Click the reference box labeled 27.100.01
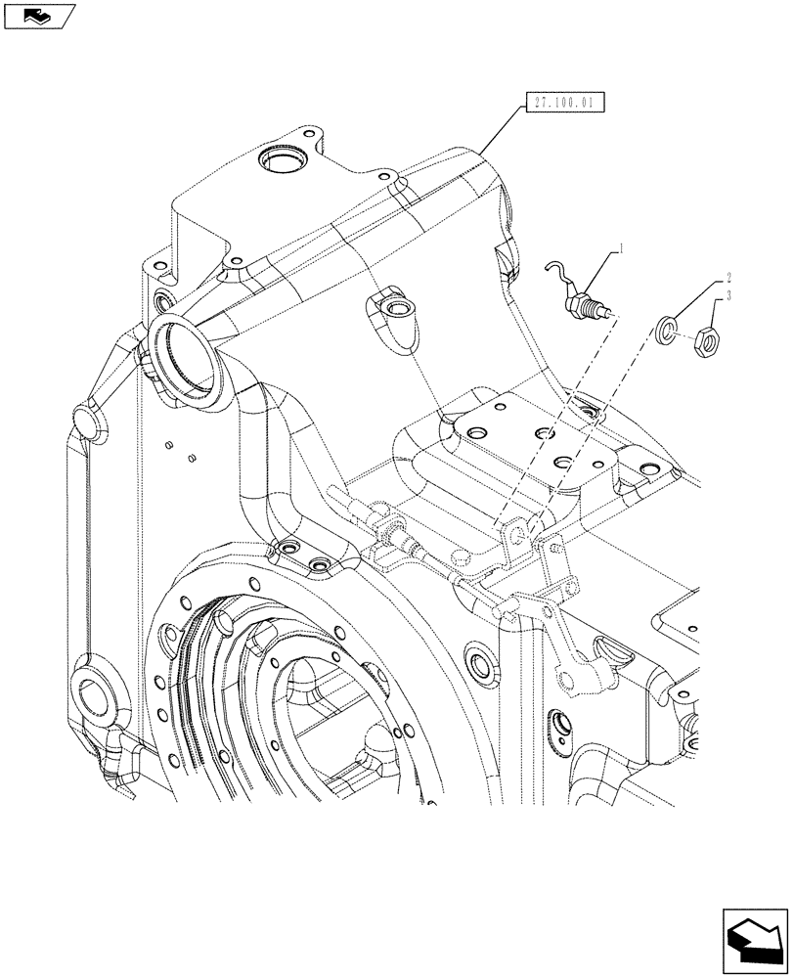[565, 102]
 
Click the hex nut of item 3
[706, 341]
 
